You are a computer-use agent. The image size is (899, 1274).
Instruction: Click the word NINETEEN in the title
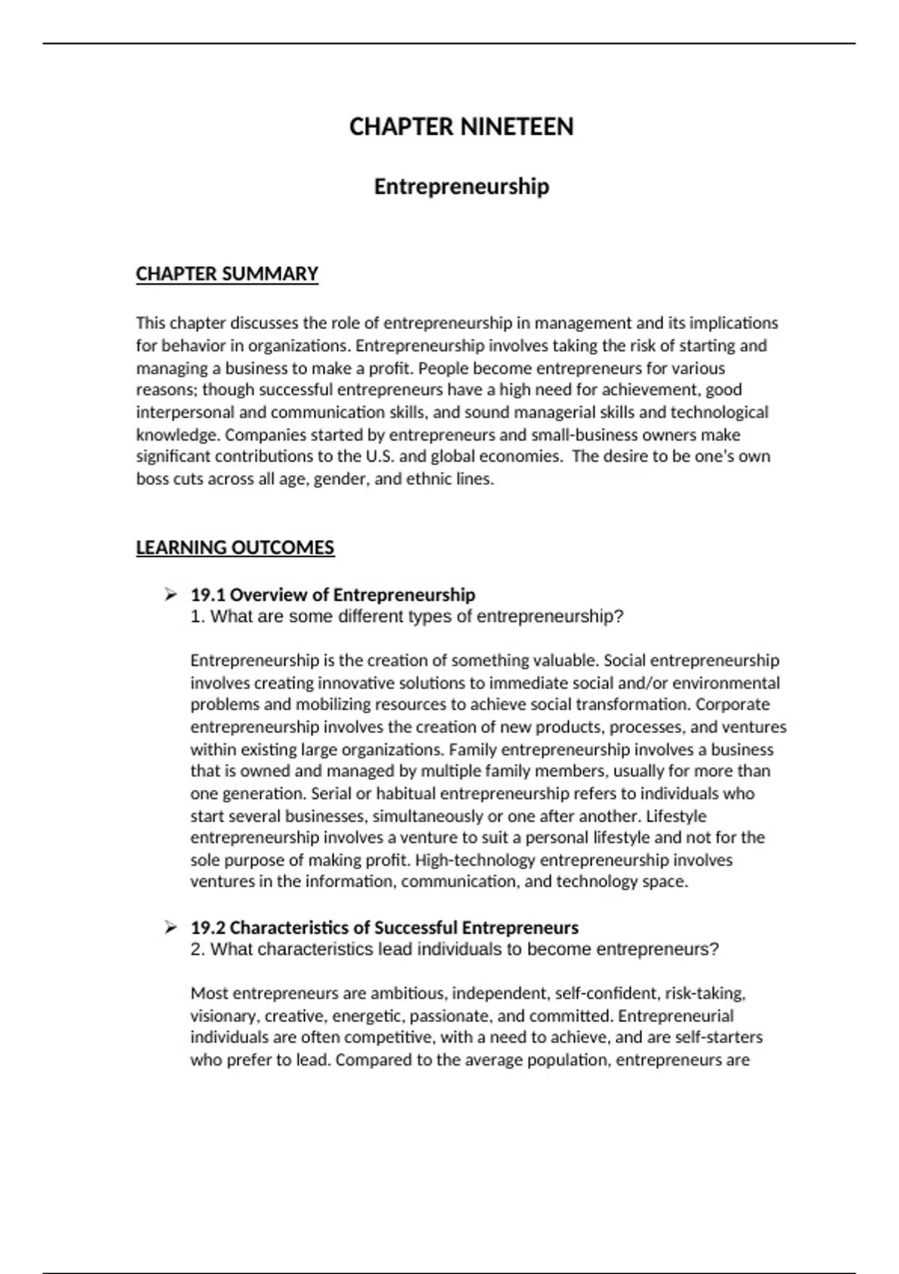tap(517, 127)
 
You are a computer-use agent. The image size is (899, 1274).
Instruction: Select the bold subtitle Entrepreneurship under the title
tap(461, 187)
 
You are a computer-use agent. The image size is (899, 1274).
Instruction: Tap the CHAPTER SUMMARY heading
tap(227, 274)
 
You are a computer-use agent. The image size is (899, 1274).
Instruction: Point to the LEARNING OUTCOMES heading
tap(235, 548)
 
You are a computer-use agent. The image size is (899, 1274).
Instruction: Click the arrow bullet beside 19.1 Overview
tap(171, 595)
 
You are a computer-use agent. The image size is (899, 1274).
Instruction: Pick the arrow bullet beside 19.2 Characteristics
tap(171, 928)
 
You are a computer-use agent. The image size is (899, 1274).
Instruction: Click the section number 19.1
tap(208, 595)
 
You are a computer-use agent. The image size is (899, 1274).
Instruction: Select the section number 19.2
tap(208, 928)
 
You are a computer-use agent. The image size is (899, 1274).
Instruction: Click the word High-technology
tap(475, 860)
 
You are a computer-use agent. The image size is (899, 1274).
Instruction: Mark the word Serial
tap(330, 794)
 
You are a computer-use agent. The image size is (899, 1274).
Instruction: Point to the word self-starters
tap(718, 1038)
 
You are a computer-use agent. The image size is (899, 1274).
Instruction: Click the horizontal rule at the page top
tap(449, 43)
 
